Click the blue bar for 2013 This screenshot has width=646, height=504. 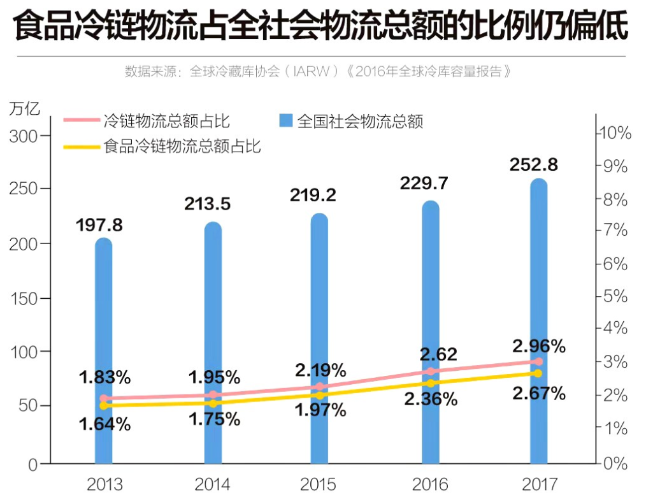(x=103, y=350)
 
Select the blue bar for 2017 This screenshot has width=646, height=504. (x=539, y=319)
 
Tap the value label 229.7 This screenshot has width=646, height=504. (x=424, y=184)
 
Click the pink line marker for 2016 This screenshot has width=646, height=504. (x=431, y=371)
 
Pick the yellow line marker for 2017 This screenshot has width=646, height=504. (x=539, y=373)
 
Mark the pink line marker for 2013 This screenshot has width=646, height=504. (x=104, y=398)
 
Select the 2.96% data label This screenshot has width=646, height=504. (x=539, y=346)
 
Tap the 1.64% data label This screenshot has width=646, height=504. (x=104, y=424)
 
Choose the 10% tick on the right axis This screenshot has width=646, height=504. (x=613, y=134)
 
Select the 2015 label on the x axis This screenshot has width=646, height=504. (x=318, y=485)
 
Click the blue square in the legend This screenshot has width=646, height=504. (x=285, y=120)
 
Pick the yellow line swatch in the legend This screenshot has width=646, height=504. (x=81, y=147)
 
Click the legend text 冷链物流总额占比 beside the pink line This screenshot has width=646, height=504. (x=166, y=120)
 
